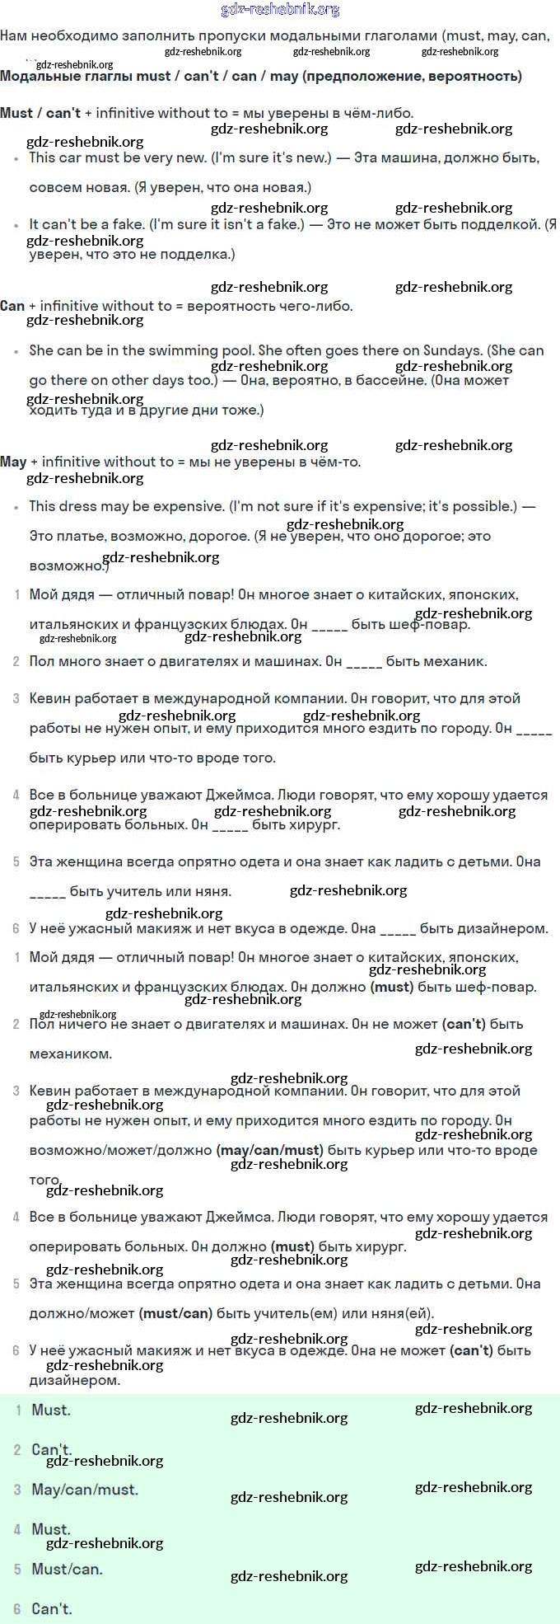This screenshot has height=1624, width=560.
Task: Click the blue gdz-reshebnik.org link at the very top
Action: coord(280,10)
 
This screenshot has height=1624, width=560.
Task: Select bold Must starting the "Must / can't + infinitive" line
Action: coord(16,113)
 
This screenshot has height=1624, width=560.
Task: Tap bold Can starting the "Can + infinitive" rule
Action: coord(12,306)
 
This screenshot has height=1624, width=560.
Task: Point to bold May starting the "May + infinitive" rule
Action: coord(13,462)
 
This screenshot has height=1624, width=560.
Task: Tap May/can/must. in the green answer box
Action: coord(85,1490)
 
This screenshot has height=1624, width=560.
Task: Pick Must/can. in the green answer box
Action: coord(68,1569)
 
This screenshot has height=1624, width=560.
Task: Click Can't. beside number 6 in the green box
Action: coord(52,1608)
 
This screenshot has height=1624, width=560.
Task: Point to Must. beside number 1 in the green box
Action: coord(51,1410)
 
